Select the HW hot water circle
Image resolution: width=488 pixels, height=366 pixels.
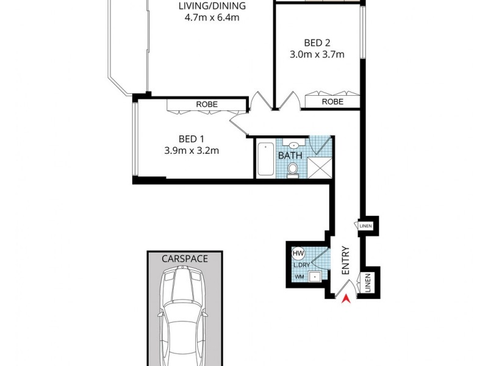298,253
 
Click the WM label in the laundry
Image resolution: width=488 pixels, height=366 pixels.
299,278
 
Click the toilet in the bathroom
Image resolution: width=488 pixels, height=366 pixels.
293,168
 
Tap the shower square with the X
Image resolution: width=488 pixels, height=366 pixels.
318,167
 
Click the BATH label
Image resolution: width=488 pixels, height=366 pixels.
290,156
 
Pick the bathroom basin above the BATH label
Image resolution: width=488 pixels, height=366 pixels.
293,145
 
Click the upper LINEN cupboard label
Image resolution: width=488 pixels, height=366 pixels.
365,226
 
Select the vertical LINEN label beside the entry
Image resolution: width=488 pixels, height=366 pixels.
368,282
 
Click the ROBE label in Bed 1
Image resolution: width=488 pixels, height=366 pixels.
207,104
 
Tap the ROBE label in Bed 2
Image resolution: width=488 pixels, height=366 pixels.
332,101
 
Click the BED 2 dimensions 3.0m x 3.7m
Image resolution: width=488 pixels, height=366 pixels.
317,54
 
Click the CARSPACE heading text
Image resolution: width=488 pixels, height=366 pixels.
184,259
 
